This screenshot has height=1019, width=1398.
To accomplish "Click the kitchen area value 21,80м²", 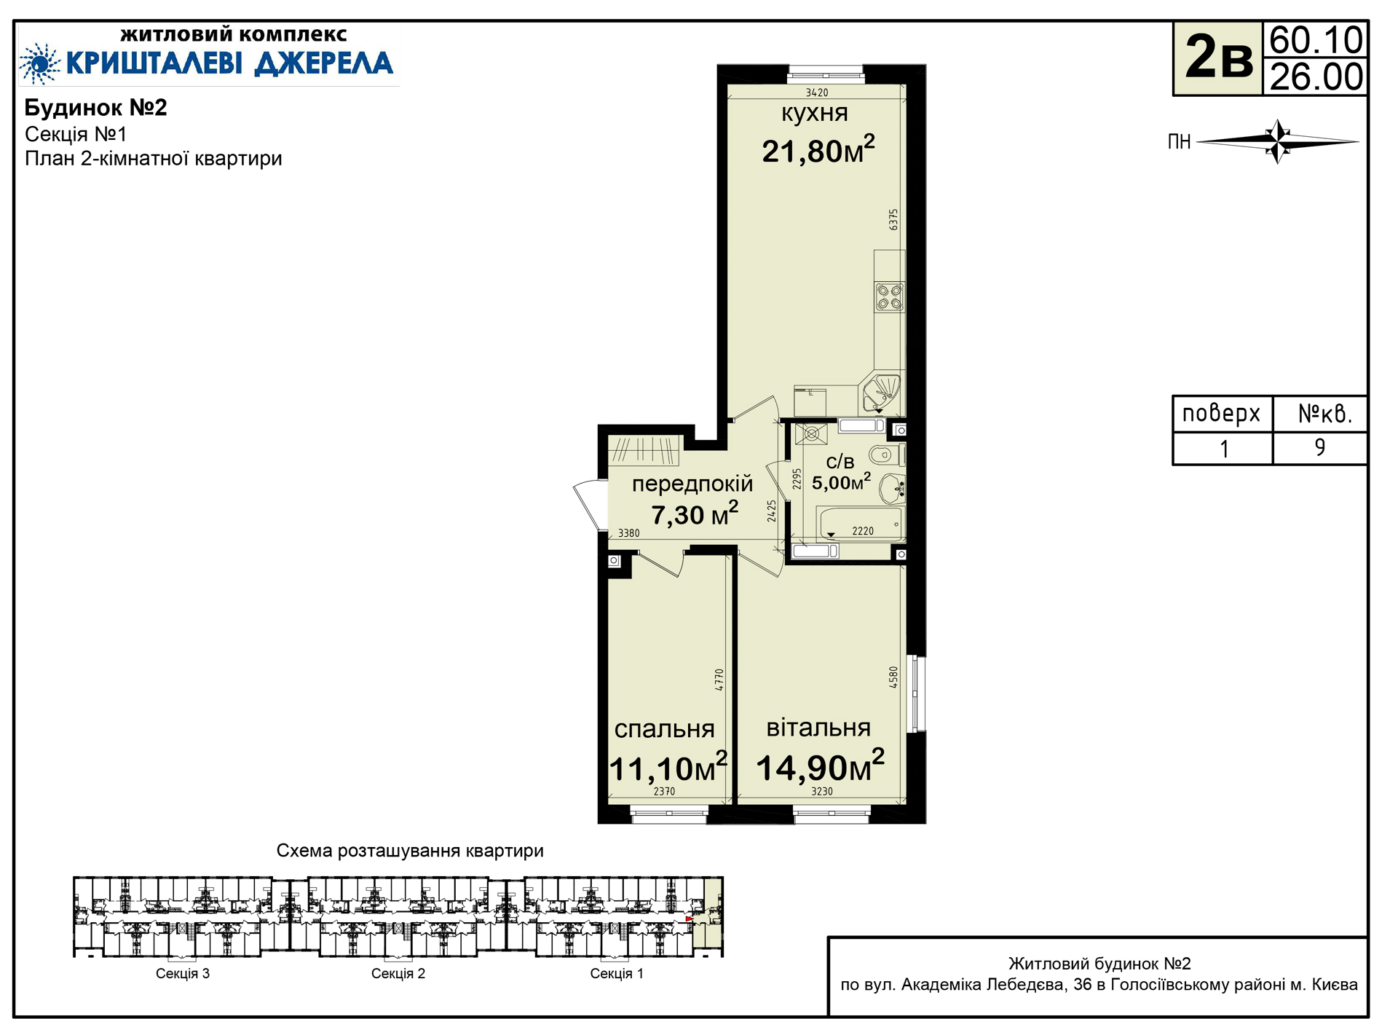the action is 818,150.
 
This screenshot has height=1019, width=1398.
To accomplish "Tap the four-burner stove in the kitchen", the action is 889,297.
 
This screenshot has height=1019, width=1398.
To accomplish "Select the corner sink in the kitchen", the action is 882,393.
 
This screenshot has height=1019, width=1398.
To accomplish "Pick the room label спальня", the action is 664,729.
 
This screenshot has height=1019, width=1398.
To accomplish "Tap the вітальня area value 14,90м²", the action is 820,767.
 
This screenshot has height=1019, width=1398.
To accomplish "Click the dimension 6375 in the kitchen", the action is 893,220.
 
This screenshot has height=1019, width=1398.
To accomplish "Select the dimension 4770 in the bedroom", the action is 719,680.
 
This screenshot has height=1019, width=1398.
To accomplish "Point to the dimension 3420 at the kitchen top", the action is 817,93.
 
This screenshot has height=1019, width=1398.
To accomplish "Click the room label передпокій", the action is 692,484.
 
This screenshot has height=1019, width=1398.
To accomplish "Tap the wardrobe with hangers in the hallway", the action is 644,451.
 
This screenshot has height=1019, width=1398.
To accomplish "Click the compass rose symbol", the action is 1278,141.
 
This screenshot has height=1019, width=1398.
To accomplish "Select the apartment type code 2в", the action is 1218,58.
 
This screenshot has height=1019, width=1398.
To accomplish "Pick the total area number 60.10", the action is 1316,40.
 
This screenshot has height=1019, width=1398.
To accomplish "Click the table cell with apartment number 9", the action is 1319,448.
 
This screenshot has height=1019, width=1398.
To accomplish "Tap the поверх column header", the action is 1221,414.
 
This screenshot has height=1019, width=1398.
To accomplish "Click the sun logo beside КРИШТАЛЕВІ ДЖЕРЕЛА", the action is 41,63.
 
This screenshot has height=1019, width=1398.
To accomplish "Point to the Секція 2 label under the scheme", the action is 398,973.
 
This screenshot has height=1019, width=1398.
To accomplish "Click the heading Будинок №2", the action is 96,108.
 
